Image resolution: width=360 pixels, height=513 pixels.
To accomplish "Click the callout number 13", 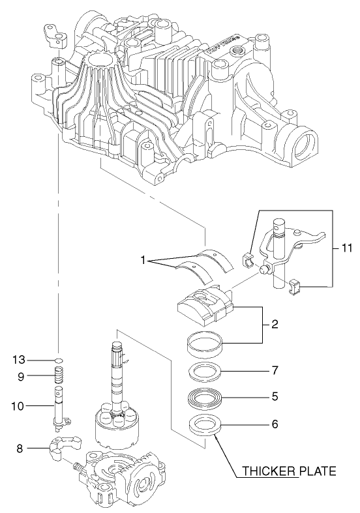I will pos(20,359).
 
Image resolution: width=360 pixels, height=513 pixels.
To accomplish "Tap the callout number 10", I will pos(18,405).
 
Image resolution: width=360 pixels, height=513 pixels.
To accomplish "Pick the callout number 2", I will pos(275,323).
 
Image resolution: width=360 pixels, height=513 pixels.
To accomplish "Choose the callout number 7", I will pos(275,370).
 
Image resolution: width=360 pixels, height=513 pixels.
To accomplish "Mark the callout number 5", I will pos(275,395).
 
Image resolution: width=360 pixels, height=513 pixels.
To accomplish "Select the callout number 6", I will pos(275,423).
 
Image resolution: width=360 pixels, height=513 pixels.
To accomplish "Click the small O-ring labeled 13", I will pos(58,359).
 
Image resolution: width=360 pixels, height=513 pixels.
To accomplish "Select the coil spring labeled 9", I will pos(58,376).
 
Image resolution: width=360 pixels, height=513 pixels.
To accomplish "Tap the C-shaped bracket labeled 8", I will pos(63,449).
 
